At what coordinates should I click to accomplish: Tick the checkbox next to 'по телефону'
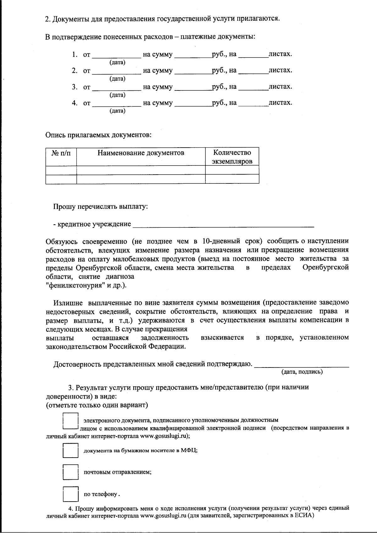(70, 494)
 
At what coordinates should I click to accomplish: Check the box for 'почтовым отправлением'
(70, 472)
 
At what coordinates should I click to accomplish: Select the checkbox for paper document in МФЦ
(70, 450)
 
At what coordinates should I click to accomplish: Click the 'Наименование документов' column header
(141, 153)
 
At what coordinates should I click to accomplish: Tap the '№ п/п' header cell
(61, 153)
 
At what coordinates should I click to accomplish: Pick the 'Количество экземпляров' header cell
(232, 157)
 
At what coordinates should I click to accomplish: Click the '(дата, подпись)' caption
(302, 372)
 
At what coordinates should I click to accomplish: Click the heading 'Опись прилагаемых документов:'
(98, 135)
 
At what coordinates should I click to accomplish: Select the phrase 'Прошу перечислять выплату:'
(100, 207)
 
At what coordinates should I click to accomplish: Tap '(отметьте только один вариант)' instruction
(97, 405)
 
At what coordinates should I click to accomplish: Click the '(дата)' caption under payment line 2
(117, 79)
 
